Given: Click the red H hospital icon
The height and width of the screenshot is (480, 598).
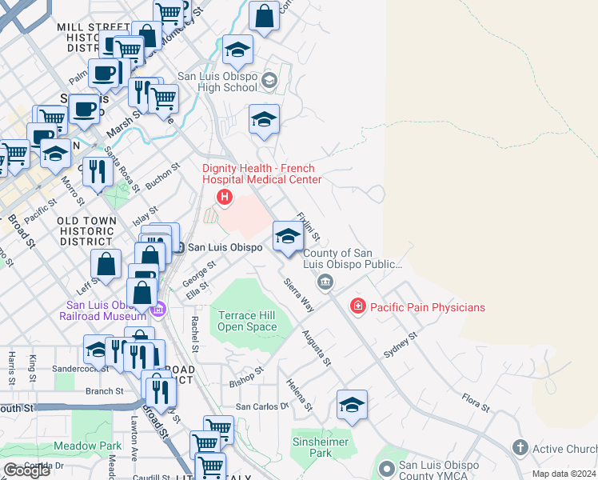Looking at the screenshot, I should point(225,196).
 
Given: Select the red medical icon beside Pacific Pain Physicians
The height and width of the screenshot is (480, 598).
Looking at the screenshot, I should point(357,306).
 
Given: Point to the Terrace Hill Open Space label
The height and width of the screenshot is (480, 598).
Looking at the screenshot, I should point(247,321).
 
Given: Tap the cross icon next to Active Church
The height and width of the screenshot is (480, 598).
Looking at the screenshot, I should point(520,448).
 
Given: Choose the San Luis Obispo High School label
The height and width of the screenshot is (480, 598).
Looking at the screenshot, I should point(217,82).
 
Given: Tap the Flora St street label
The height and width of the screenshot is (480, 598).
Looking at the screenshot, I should point(476,402).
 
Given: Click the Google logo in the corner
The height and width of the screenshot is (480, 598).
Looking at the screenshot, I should point(27,470).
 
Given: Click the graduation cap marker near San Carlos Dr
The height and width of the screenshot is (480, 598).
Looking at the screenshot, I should point(352,405).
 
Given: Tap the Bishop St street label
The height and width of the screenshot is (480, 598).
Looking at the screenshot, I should point(246,375).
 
